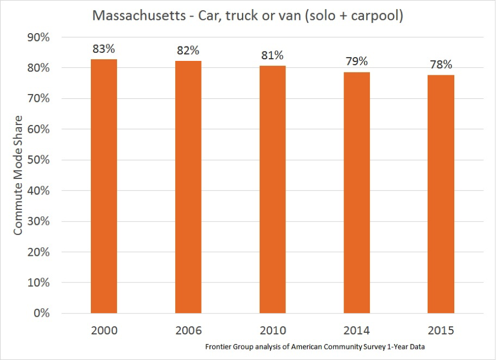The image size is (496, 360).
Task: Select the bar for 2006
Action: (188, 186)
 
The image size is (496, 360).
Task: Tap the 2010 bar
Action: (273, 189)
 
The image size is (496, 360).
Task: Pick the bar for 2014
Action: (356, 192)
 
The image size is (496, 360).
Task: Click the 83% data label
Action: (104, 49)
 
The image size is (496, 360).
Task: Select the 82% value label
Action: (188, 51)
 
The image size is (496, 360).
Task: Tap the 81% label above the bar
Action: (273, 56)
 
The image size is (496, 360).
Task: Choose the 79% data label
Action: (356, 61)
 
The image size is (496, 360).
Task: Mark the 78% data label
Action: (441, 65)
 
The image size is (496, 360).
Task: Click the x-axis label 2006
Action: (188, 331)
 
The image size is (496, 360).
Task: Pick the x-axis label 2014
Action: (356, 331)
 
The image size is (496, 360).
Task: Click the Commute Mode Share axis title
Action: (18, 175)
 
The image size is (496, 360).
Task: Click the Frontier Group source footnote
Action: (318, 347)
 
